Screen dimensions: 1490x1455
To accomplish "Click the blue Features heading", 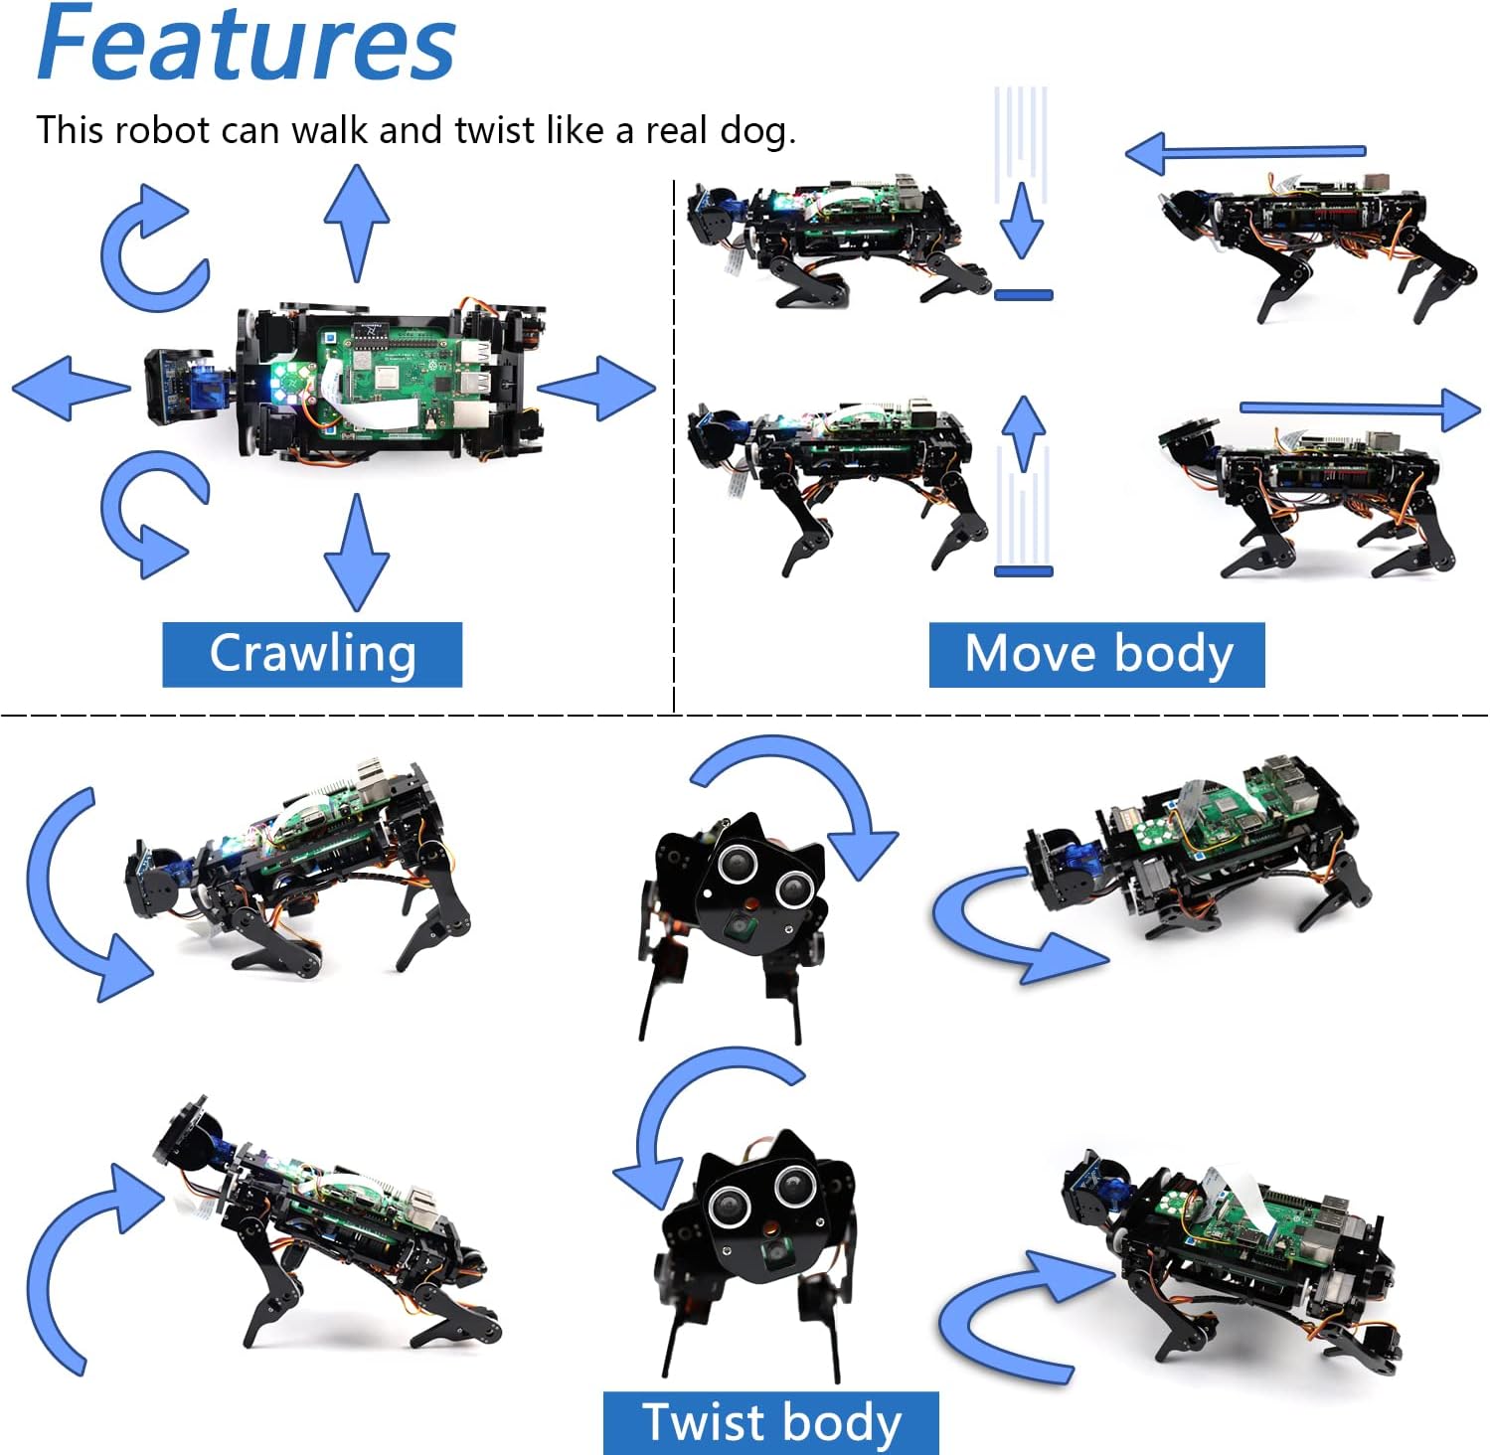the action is (x=246, y=44).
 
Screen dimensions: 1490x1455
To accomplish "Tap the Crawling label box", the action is (x=312, y=654).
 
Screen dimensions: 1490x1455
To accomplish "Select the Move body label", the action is (x=1096, y=654).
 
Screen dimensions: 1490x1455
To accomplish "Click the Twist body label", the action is (x=770, y=1422).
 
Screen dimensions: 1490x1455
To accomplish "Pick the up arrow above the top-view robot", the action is (x=356, y=223).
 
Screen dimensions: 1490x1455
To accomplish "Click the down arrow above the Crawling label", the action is (x=356, y=553).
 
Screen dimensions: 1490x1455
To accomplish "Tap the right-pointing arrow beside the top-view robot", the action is (x=595, y=388).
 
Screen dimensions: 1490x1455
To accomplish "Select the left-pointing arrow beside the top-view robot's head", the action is (x=72, y=388).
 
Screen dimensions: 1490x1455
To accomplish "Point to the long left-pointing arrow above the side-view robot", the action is (x=1245, y=153).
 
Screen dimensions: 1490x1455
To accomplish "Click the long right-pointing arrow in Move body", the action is (x=1361, y=408).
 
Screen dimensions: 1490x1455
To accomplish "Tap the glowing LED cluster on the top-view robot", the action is (x=291, y=379).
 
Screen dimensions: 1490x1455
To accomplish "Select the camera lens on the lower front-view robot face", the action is (x=771, y=1254).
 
